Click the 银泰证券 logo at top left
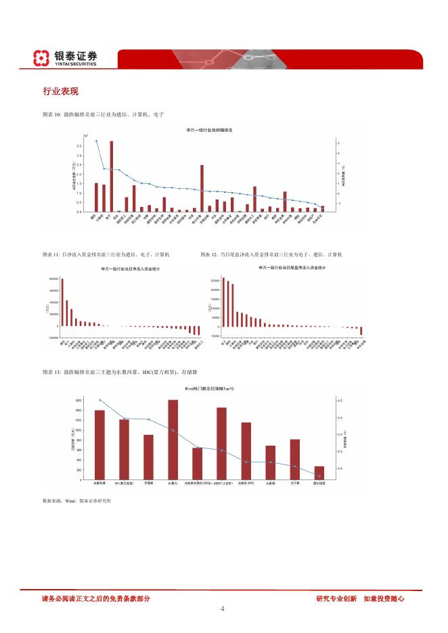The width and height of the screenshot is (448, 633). (x=66, y=58)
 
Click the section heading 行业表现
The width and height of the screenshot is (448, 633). (x=61, y=91)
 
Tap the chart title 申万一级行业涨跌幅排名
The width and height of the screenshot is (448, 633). (x=209, y=129)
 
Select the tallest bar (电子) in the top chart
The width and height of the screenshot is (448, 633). (x=111, y=176)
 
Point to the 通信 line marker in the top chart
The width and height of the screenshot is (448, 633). (x=96, y=141)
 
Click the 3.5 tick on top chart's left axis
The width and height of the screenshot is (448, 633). (x=79, y=145)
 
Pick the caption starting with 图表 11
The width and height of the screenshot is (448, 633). (x=106, y=254)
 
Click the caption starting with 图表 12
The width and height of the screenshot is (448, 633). (x=271, y=254)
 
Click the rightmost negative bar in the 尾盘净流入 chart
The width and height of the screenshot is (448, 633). (x=361, y=331)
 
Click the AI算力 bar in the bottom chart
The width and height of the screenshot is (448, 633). (x=173, y=440)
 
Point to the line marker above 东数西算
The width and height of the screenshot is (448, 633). (x=99, y=400)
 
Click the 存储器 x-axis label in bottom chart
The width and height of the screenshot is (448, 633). (x=148, y=484)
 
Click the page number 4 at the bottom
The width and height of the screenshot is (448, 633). (x=223, y=609)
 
